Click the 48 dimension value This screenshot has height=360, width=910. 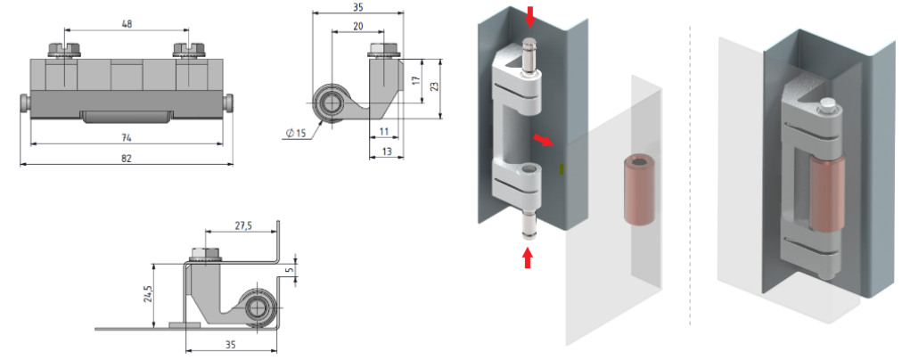[x=127, y=24]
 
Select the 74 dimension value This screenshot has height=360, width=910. [x=127, y=137]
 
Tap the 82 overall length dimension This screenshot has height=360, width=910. [x=127, y=158]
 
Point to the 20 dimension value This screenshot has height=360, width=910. [x=358, y=26]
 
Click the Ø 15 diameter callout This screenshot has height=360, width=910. [x=296, y=134]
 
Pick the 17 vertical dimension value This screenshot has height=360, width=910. [x=416, y=81]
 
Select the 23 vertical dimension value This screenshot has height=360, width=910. [x=435, y=86]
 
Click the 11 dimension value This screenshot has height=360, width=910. [x=384, y=132]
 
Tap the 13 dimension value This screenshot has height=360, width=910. [x=387, y=151]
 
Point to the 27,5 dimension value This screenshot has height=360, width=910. [x=243, y=226]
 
